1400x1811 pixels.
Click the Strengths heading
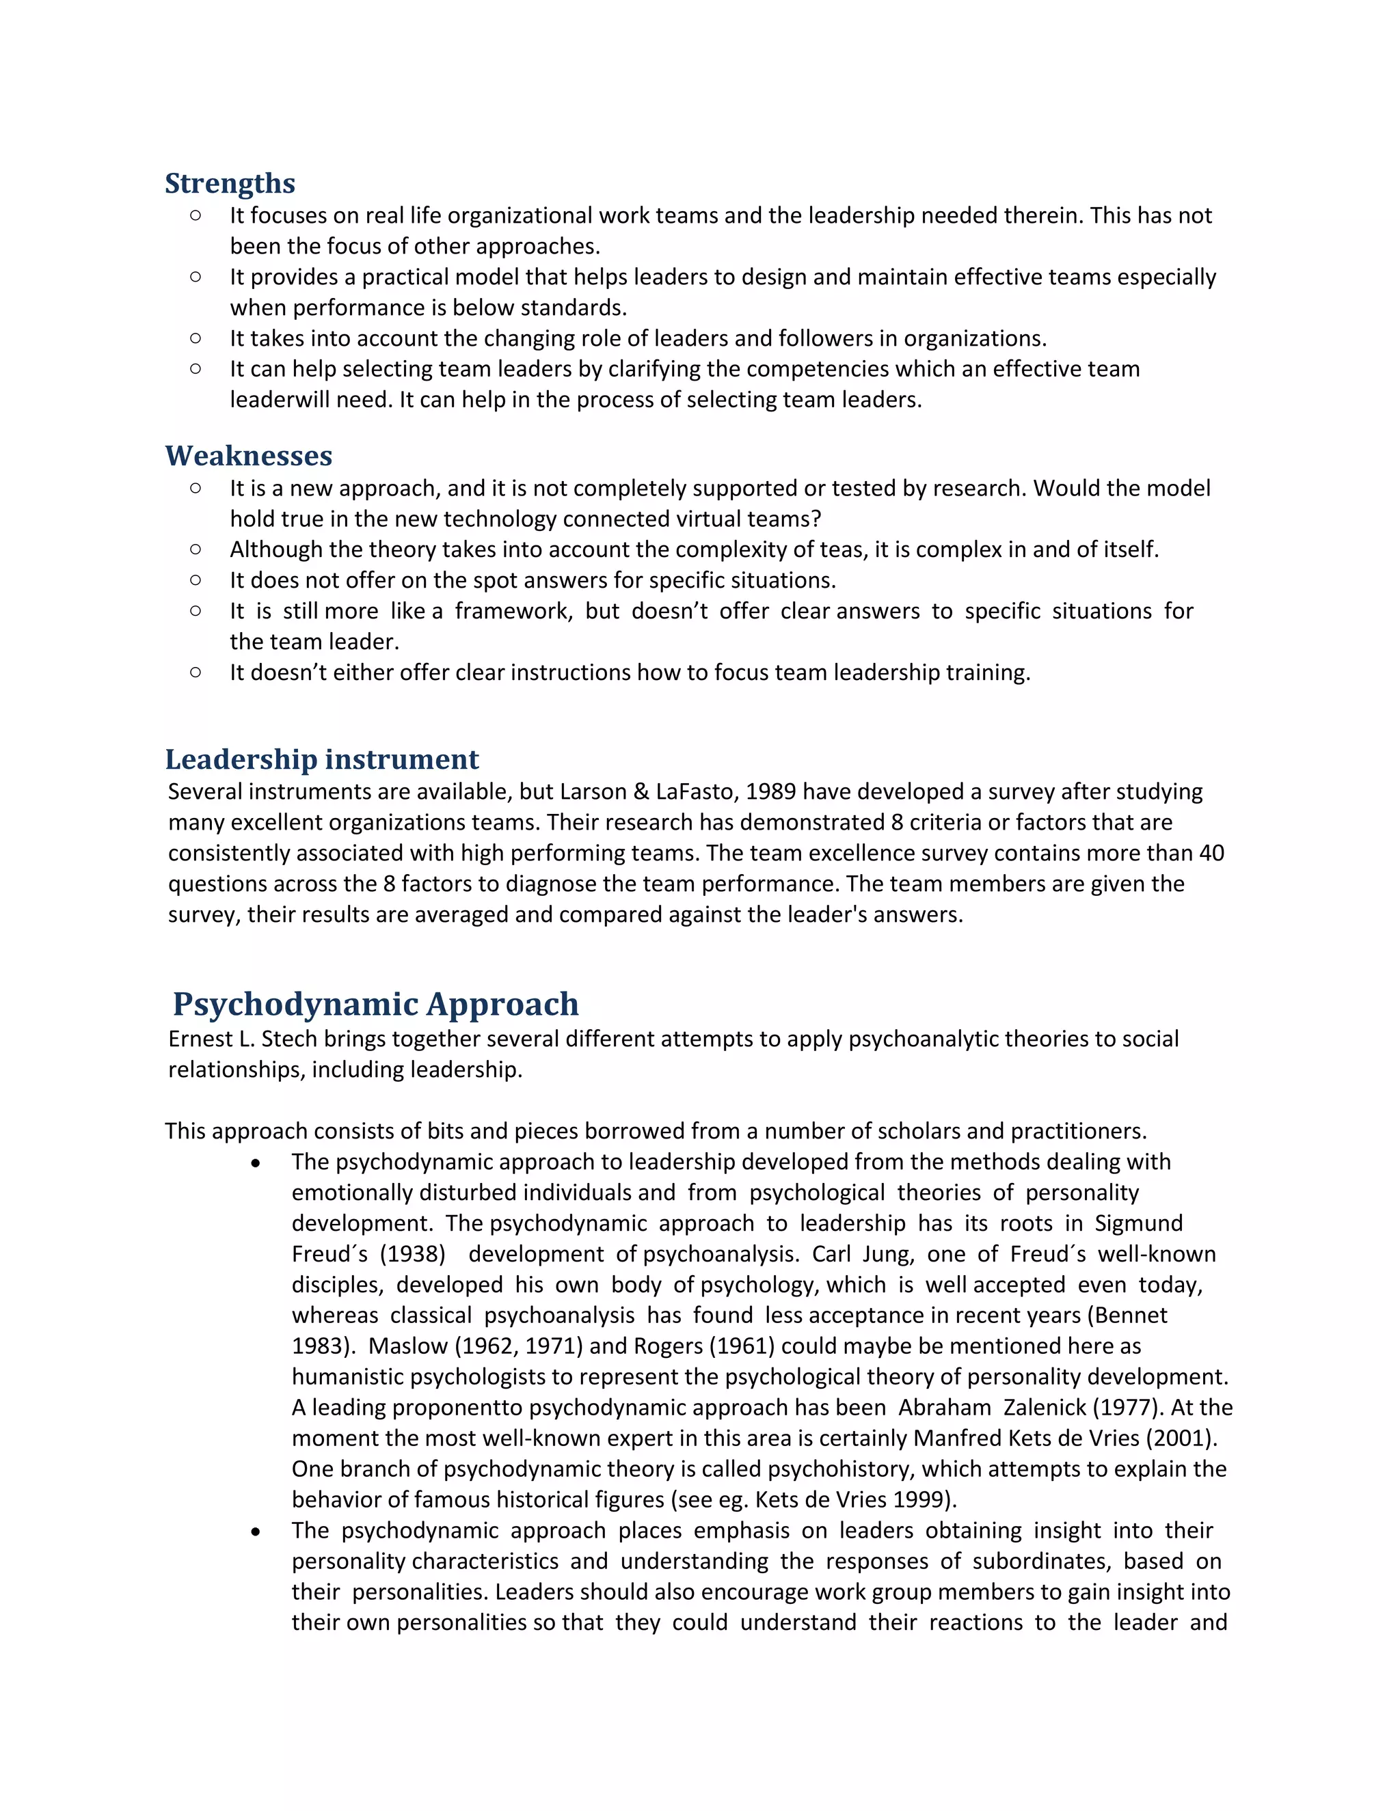pos(230,183)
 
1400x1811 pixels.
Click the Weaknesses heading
pos(248,456)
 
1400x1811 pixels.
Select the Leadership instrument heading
pos(322,759)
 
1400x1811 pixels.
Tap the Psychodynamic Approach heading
pos(376,1004)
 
